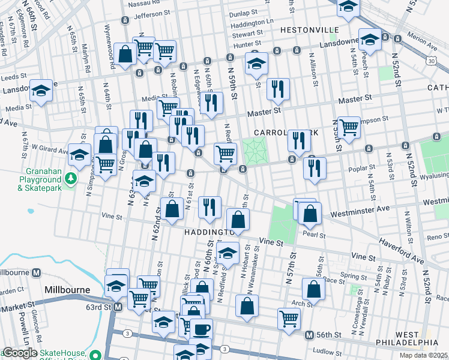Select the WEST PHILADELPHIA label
pos(415,338)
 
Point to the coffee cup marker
pos(202,330)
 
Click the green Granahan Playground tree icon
pos(70,178)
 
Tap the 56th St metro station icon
pos(310,335)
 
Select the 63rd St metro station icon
pos(118,307)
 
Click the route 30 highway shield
pos(432,61)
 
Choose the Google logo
pos(19,353)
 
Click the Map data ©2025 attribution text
pos(423,355)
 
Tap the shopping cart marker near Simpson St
pos(349,127)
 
